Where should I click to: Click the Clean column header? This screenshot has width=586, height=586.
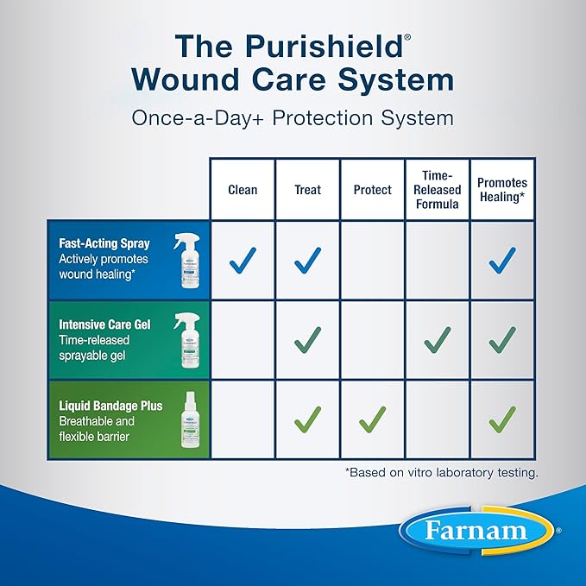click(243, 190)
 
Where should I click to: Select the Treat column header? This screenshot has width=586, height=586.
click(307, 190)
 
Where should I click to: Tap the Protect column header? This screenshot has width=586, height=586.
click(372, 190)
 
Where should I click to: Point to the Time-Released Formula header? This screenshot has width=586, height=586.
click(437, 190)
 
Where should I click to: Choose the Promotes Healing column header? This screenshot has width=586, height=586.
click(501, 190)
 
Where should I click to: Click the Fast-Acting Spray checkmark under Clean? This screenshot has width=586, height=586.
click(243, 260)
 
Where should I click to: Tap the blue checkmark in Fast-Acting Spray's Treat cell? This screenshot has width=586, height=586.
click(307, 260)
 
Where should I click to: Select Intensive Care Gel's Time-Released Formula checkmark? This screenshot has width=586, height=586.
click(437, 339)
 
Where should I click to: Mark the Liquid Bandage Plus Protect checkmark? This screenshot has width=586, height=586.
click(372, 419)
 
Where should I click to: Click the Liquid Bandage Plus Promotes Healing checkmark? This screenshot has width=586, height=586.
click(501, 419)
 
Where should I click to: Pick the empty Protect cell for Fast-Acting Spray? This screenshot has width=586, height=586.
click(372, 260)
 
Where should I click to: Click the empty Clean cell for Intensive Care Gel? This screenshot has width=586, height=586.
click(243, 339)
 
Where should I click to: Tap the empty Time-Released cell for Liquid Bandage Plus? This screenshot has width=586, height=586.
click(437, 419)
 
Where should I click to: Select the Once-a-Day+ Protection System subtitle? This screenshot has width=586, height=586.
click(293, 117)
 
